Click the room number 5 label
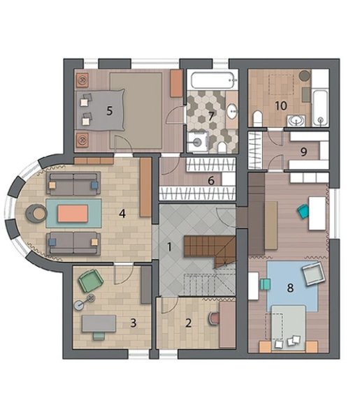pos(109,110)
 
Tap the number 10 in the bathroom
pos(281,106)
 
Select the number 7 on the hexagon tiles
pos(211,116)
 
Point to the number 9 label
pos(303,152)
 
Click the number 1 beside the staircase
pos(169,247)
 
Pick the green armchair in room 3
pos(91,281)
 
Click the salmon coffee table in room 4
pos(73,213)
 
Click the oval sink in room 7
pos(232,111)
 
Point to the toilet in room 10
pos(257,118)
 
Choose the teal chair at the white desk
pos(303,212)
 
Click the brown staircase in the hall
pos(210,249)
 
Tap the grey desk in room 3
pos(99,323)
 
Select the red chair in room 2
pos(215,318)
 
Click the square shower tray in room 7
pos(197,142)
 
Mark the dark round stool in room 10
pos(304,76)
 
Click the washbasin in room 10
pos(296,121)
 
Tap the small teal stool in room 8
pos(266,284)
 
